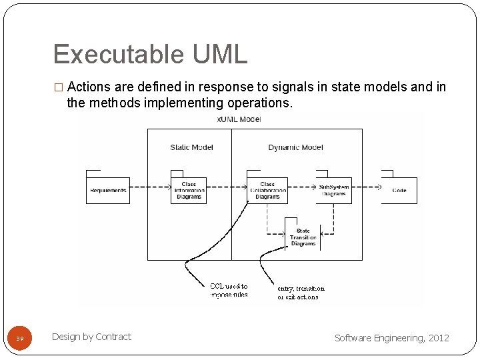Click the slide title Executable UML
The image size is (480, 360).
tap(150, 55)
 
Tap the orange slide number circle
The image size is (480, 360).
tap(20, 338)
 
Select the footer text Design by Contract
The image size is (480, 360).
tap(91, 337)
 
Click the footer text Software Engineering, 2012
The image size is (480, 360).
tap(391, 338)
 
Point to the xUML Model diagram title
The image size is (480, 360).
tap(239, 119)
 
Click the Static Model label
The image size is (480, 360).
tap(191, 147)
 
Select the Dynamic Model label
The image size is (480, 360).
tap(296, 147)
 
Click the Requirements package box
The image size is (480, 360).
tap(107, 191)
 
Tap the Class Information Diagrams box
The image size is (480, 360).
tap(189, 191)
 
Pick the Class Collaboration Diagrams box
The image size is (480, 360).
tap(267, 191)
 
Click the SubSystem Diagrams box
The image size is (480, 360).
tap(333, 191)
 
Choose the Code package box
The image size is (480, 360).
tap(399, 191)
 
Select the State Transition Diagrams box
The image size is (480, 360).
tap(303, 237)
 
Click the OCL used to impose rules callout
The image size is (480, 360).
tap(229, 291)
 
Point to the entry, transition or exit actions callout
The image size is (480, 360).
tap(298, 293)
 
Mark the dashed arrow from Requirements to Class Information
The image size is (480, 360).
tap(150, 185)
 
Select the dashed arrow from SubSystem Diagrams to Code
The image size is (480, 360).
tap(366, 185)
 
